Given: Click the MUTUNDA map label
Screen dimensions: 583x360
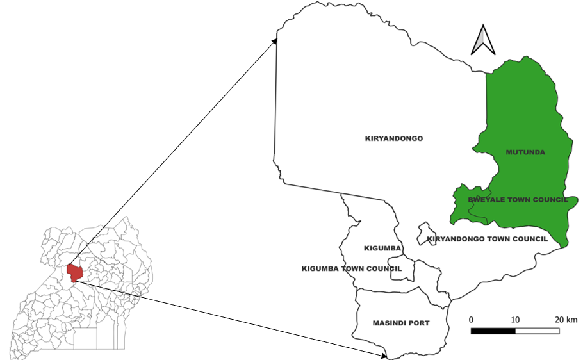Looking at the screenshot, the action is pos(525,152).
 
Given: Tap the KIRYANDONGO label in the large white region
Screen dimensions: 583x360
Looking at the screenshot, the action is pos(394,138).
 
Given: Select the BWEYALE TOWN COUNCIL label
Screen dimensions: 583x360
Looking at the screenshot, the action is pos(518,200).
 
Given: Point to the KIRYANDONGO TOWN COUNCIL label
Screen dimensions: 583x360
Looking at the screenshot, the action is pos(487,239).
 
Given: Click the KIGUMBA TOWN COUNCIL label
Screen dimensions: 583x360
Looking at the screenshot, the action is pos(352,269).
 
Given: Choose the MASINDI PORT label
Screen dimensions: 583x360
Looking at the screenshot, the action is pos(401,323).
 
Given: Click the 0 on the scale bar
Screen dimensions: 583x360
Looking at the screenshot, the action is pos(472,319).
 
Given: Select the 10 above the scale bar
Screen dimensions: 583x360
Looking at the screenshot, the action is pos(515,319).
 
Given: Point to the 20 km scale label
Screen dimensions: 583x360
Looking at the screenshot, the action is pos(566,319).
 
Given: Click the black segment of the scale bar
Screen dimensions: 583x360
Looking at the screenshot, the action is pos(493,331).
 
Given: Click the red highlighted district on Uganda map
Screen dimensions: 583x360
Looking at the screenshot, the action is pos(74,272).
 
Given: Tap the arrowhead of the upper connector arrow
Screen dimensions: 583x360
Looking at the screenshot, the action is pos(275,40).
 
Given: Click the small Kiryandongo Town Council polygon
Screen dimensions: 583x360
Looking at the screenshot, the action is pos(423,231).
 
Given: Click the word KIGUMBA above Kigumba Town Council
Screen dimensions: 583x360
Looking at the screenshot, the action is pos(382,248).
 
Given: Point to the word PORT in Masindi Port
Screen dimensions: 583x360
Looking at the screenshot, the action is pos(418,323).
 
